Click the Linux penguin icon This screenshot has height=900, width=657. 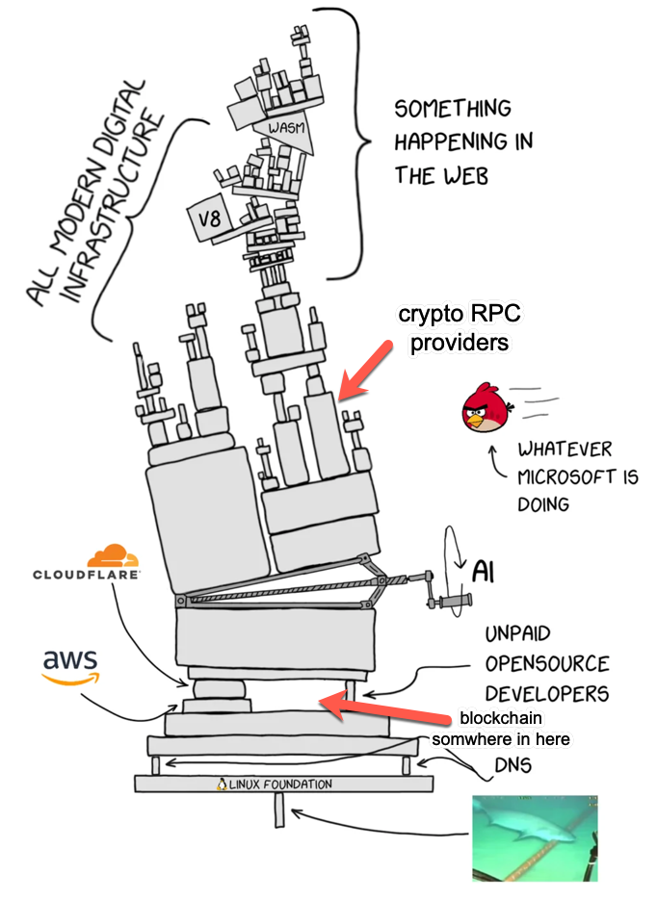pos(223,784)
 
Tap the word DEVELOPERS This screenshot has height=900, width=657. pos(545,693)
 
